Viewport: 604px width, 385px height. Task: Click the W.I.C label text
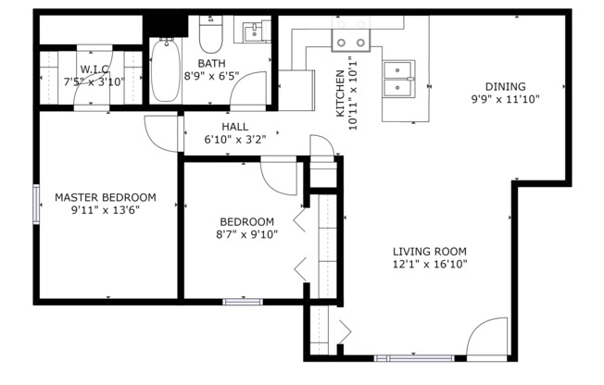pos(94,68)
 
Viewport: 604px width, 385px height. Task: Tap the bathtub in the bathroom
pos(166,70)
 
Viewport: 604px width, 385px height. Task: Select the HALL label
pos(234,127)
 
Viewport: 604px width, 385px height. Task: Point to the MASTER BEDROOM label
pos(105,197)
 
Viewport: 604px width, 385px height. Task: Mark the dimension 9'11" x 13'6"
pos(105,210)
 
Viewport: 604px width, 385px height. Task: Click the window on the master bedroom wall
pos(37,204)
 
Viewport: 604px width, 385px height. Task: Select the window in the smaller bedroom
pos(242,301)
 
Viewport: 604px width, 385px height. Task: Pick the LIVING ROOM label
pos(429,251)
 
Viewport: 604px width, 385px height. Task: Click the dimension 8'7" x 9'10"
pos(246,234)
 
